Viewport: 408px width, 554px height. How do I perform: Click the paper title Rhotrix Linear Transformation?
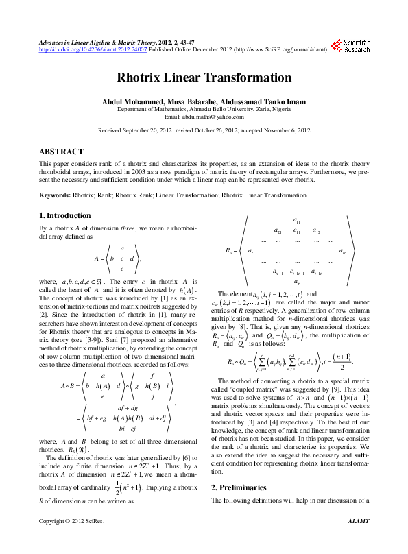click(204, 78)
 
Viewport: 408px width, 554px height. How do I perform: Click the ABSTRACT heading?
click(62, 152)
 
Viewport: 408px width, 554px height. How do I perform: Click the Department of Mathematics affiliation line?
click(204, 108)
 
